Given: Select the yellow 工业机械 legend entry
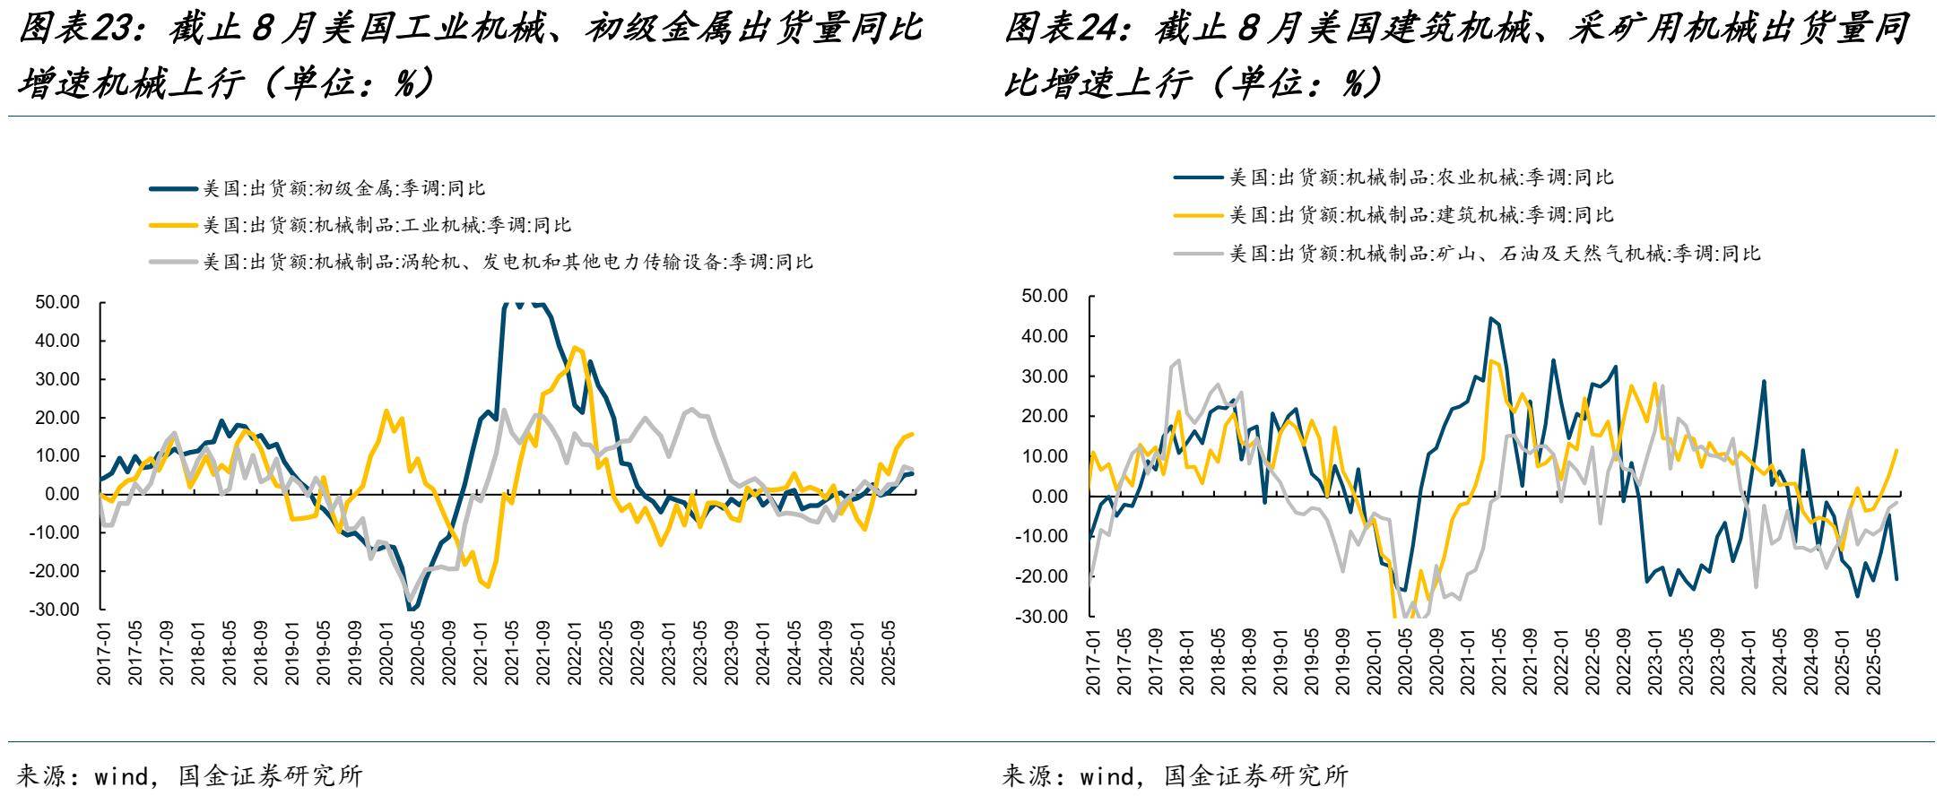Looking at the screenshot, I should coord(386,225).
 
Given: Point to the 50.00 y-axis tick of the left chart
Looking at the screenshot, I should coord(58,302).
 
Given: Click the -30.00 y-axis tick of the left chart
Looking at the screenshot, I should coord(56,610).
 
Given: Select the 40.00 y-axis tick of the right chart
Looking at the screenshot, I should coord(1046,336).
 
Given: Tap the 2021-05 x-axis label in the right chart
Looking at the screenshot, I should coord(1497,659).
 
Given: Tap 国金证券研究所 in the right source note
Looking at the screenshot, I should coord(1255,776).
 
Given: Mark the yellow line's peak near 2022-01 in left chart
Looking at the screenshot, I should coord(574,347).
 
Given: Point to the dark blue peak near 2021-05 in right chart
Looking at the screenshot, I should coord(1490,318).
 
